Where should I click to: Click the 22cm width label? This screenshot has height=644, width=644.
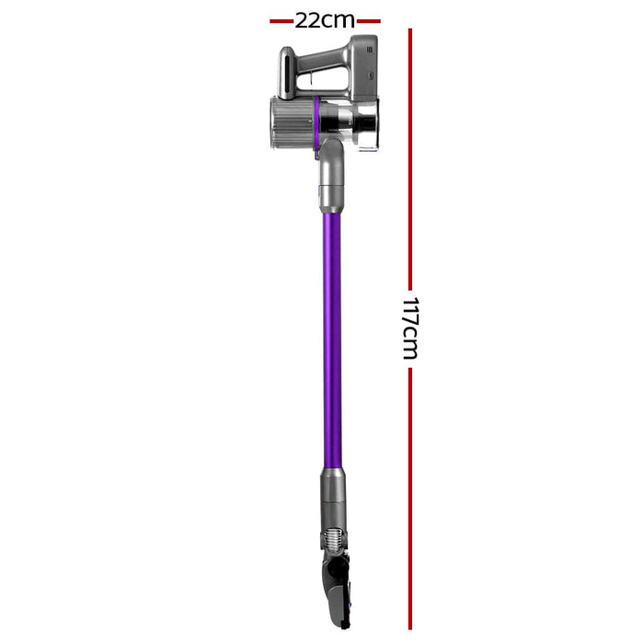coord(324,20)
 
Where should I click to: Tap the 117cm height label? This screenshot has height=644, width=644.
coord(409,328)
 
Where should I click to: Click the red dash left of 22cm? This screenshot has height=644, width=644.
coord(281,20)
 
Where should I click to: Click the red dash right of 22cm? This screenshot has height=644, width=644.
coord(368,20)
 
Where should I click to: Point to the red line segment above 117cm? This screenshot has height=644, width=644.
coord(410,156)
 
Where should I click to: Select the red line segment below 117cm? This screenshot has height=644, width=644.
coord(410,497)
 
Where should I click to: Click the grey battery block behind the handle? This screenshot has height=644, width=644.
coord(362,69)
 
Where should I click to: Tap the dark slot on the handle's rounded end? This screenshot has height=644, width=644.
coord(289,74)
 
